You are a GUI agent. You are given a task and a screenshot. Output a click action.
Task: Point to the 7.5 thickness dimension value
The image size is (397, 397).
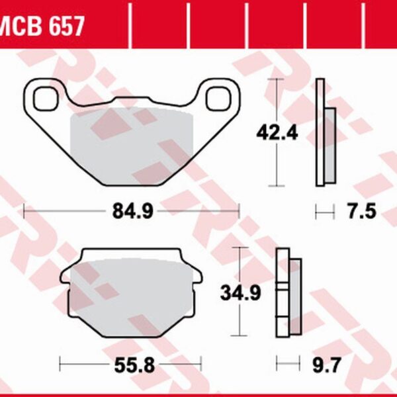click(361, 212)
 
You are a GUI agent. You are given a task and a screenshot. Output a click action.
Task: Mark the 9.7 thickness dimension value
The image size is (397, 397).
click(324, 364)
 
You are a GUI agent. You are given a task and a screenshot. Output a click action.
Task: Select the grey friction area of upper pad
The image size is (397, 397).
click(126, 139)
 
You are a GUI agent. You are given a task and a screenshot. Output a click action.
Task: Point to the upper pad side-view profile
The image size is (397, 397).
click(324, 132)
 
